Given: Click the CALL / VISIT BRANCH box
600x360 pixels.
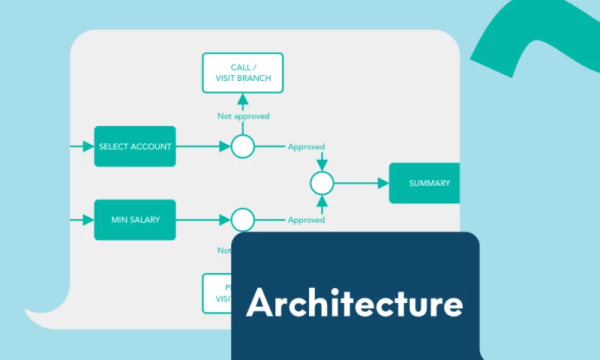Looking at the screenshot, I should tap(243, 73).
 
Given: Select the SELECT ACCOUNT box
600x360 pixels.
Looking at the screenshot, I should tap(135, 146).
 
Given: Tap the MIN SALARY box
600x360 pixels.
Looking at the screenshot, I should tap(135, 220).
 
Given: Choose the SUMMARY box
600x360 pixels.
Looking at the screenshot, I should tap(424, 183).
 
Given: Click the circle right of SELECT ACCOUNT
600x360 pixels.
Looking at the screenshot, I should tap(242, 146).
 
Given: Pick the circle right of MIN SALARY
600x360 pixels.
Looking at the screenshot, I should tap(242, 220).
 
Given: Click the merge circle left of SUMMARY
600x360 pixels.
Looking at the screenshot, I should tap(322, 183).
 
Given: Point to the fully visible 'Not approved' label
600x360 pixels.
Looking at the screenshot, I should tap(243, 116).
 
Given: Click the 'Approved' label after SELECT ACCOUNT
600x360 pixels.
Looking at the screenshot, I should tap(306, 147).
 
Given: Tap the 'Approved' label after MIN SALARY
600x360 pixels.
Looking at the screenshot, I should tap(306, 220).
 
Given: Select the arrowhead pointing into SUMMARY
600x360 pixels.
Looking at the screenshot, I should tap(383, 183).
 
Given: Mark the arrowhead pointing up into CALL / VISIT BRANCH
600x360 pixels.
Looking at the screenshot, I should tap(242, 98).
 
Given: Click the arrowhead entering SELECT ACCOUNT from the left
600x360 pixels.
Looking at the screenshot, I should tap(88, 146).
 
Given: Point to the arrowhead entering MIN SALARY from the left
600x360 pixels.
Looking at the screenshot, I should tap(88, 220).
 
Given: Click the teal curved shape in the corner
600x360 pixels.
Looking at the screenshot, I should tap(525, 37).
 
